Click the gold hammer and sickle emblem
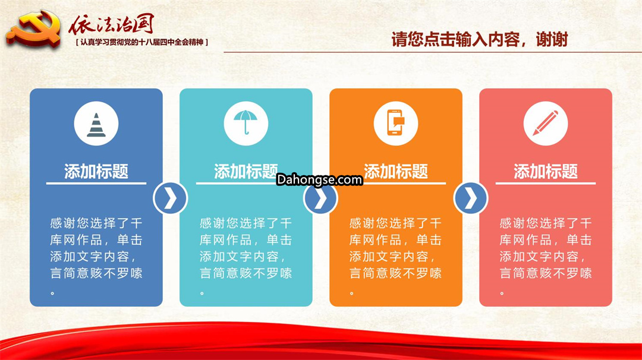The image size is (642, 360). (x=33, y=30)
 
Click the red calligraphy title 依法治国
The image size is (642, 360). (x=111, y=24)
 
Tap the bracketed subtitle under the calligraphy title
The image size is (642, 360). (x=142, y=42)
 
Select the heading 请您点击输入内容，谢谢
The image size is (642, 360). (x=480, y=40)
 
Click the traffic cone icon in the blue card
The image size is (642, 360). (x=96, y=125)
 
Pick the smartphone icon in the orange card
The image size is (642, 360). (x=395, y=122)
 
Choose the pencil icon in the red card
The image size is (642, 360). (x=545, y=123)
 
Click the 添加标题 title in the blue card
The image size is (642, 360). (x=96, y=172)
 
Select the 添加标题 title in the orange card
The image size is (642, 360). (x=395, y=172)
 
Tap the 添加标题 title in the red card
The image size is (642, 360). (x=545, y=172)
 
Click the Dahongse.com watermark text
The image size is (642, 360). (x=319, y=179)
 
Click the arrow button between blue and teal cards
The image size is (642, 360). (x=171, y=198)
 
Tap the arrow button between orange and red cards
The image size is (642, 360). (x=471, y=198)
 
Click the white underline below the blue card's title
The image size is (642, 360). (x=96, y=184)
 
